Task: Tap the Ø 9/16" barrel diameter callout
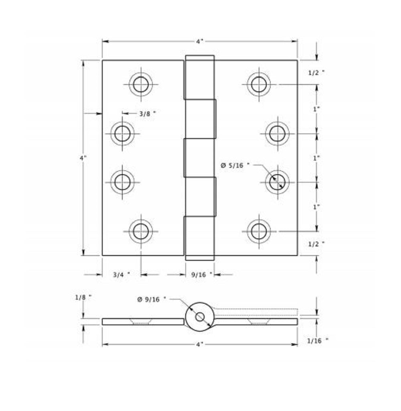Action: pos(152,299)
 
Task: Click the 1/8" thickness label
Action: pos(83,297)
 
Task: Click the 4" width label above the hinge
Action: pos(200,41)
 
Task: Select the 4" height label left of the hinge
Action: pos(83,158)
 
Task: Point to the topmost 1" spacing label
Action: pos(316,109)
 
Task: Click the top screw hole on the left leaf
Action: pos(141,85)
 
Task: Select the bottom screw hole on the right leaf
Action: pos(259,231)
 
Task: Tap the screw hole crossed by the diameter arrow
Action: pos(277,182)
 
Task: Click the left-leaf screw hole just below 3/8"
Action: pos(122,133)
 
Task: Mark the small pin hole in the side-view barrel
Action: pos(200,317)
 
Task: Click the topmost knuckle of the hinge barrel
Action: pos(199,77)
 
